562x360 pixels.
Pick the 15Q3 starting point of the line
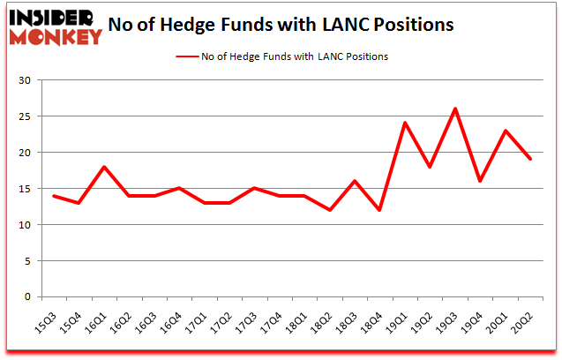click(x=55, y=196)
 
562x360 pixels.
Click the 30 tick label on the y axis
click(x=24, y=80)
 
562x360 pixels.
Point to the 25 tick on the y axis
click(x=24, y=116)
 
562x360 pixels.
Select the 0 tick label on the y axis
click(x=27, y=297)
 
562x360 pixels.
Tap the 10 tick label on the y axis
click(x=24, y=225)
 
